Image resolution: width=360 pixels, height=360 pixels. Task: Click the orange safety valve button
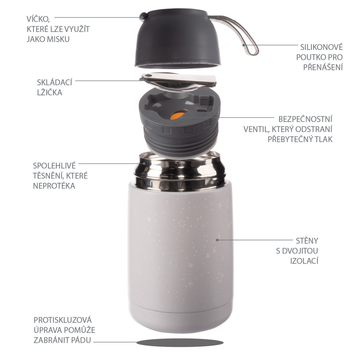click(x=176, y=116)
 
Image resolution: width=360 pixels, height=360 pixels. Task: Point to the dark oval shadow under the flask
click(x=180, y=342)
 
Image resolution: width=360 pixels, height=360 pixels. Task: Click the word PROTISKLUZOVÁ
click(x=63, y=320)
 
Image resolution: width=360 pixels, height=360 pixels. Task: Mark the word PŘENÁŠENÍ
click(x=323, y=67)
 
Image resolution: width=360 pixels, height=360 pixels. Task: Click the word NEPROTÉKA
click(x=54, y=186)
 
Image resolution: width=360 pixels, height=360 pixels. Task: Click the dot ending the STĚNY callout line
click(x=218, y=240)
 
